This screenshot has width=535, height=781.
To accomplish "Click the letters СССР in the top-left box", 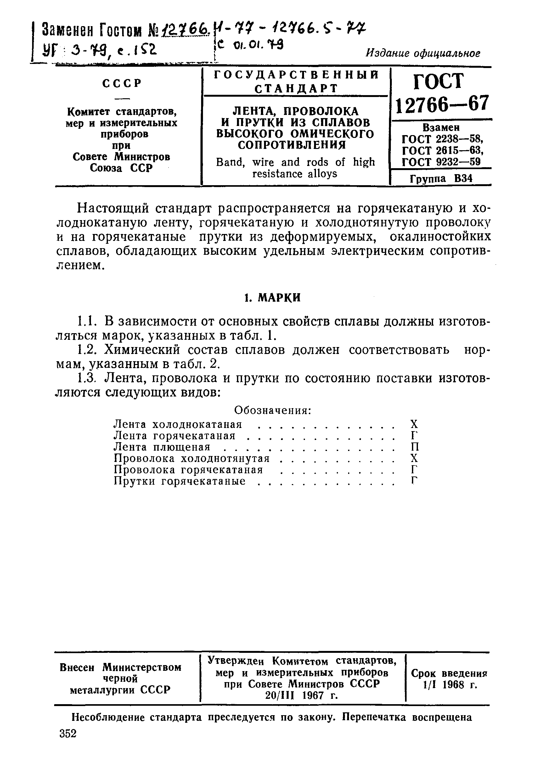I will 121,83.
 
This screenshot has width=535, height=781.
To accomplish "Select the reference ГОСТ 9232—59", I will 441,162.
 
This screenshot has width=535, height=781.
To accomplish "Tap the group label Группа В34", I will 441,179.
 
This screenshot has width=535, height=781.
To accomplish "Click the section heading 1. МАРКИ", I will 272,298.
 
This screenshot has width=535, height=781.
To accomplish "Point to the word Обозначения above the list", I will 273,410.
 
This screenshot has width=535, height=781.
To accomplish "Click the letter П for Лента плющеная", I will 415,447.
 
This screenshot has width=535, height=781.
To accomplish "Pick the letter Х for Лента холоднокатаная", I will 414,424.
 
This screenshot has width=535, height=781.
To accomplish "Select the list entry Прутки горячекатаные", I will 180,481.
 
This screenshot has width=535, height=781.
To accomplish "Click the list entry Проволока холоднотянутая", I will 192,459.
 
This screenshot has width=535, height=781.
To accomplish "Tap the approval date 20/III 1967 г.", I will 301,695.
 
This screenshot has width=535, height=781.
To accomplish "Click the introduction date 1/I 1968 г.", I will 450,685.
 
